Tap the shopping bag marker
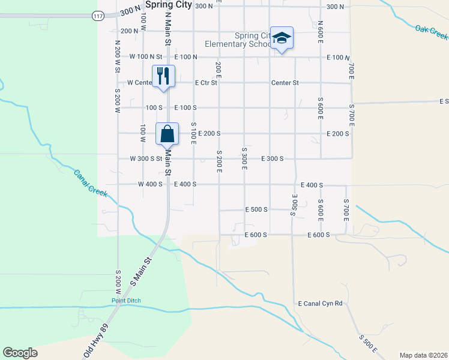pyautogui.click(x=167, y=134)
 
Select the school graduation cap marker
pyautogui.click(x=282, y=38)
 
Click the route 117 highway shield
pyautogui.click(x=98, y=15)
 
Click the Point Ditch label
pyautogui.click(x=125, y=301)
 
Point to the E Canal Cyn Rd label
pyautogui.click(x=320, y=304)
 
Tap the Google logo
pyautogui.click(x=20, y=353)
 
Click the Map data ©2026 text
pyautogui.click(x=423, y=355)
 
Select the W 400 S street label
pyautogui.click(x=150, y=184)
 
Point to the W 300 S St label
pyautogui.click(x=146, y=159)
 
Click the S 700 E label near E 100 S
pyautogui.click(x=352, y=115)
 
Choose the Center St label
pyautogui.click(x=285, y=83)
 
